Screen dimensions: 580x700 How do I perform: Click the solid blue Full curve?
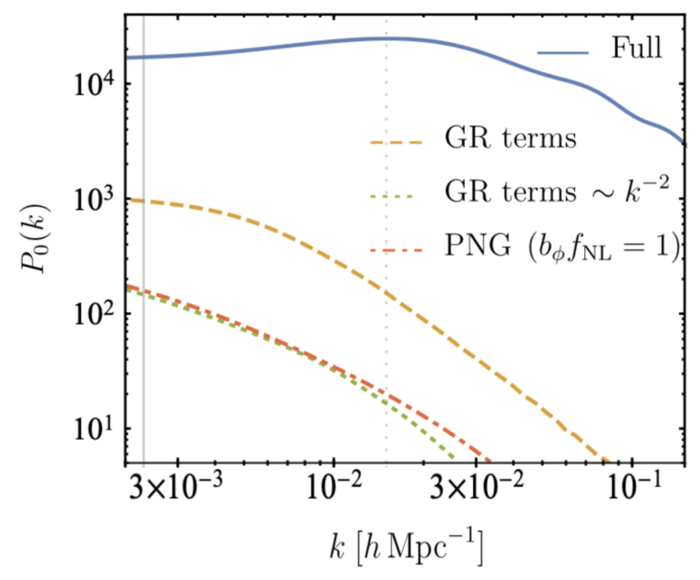pyautogui.click(x=273, y=46)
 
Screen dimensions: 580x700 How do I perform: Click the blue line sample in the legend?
pyautogui.click(x=565, y=52)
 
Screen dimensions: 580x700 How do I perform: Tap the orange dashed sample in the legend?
pyautogui.click(x=397, y=141)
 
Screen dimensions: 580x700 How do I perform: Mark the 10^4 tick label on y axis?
pyautogui.click(x=88, y=85)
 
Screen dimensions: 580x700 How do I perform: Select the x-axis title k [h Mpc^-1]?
pyautogui.click(x=405, y=548)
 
